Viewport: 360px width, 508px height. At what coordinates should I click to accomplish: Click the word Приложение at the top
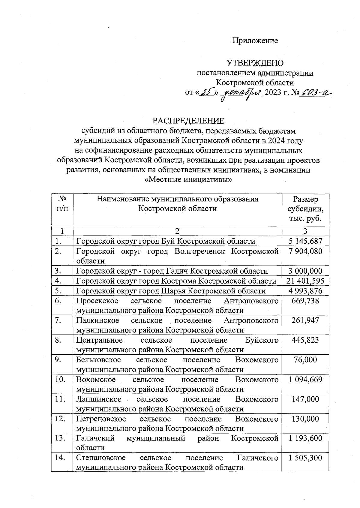255,41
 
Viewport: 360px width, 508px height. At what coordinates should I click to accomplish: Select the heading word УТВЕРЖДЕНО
255,63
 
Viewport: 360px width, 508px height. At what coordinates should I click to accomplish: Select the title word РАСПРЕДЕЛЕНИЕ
188,121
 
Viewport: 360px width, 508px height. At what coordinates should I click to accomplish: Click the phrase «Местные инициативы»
188,180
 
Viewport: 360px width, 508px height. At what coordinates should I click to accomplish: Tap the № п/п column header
62,204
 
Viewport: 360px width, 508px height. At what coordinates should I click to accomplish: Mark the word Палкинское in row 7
97,320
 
